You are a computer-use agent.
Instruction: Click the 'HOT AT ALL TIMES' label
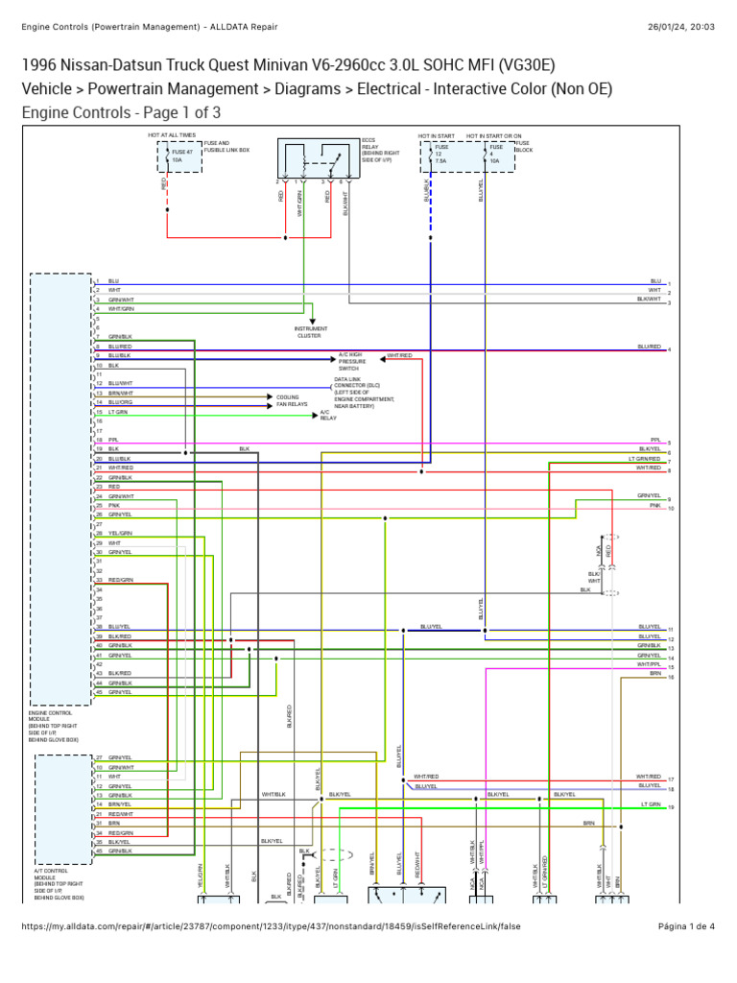(x=172, y=136)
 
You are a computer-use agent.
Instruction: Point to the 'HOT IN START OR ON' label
(x=494, y=136)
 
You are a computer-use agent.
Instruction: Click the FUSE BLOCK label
(x=523, y=147)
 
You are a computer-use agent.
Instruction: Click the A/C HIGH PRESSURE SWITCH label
(x=349, y=361)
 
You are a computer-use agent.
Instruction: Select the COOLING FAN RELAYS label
(x=292, y=400)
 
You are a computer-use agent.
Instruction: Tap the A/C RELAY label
(x=328, y=415)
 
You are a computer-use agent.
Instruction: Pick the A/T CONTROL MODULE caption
(x=59, y=884)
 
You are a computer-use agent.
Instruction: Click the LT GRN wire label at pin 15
(x=118, y=412)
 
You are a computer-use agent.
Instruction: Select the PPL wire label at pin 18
(x=113, y=440)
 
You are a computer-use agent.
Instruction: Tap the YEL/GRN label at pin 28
(x=120, y=533)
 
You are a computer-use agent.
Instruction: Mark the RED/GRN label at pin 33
(x=120, y=580)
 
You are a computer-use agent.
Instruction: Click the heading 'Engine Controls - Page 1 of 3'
(x=121, y=112)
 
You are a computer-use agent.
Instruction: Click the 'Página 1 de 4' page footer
(x=686, y=926)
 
